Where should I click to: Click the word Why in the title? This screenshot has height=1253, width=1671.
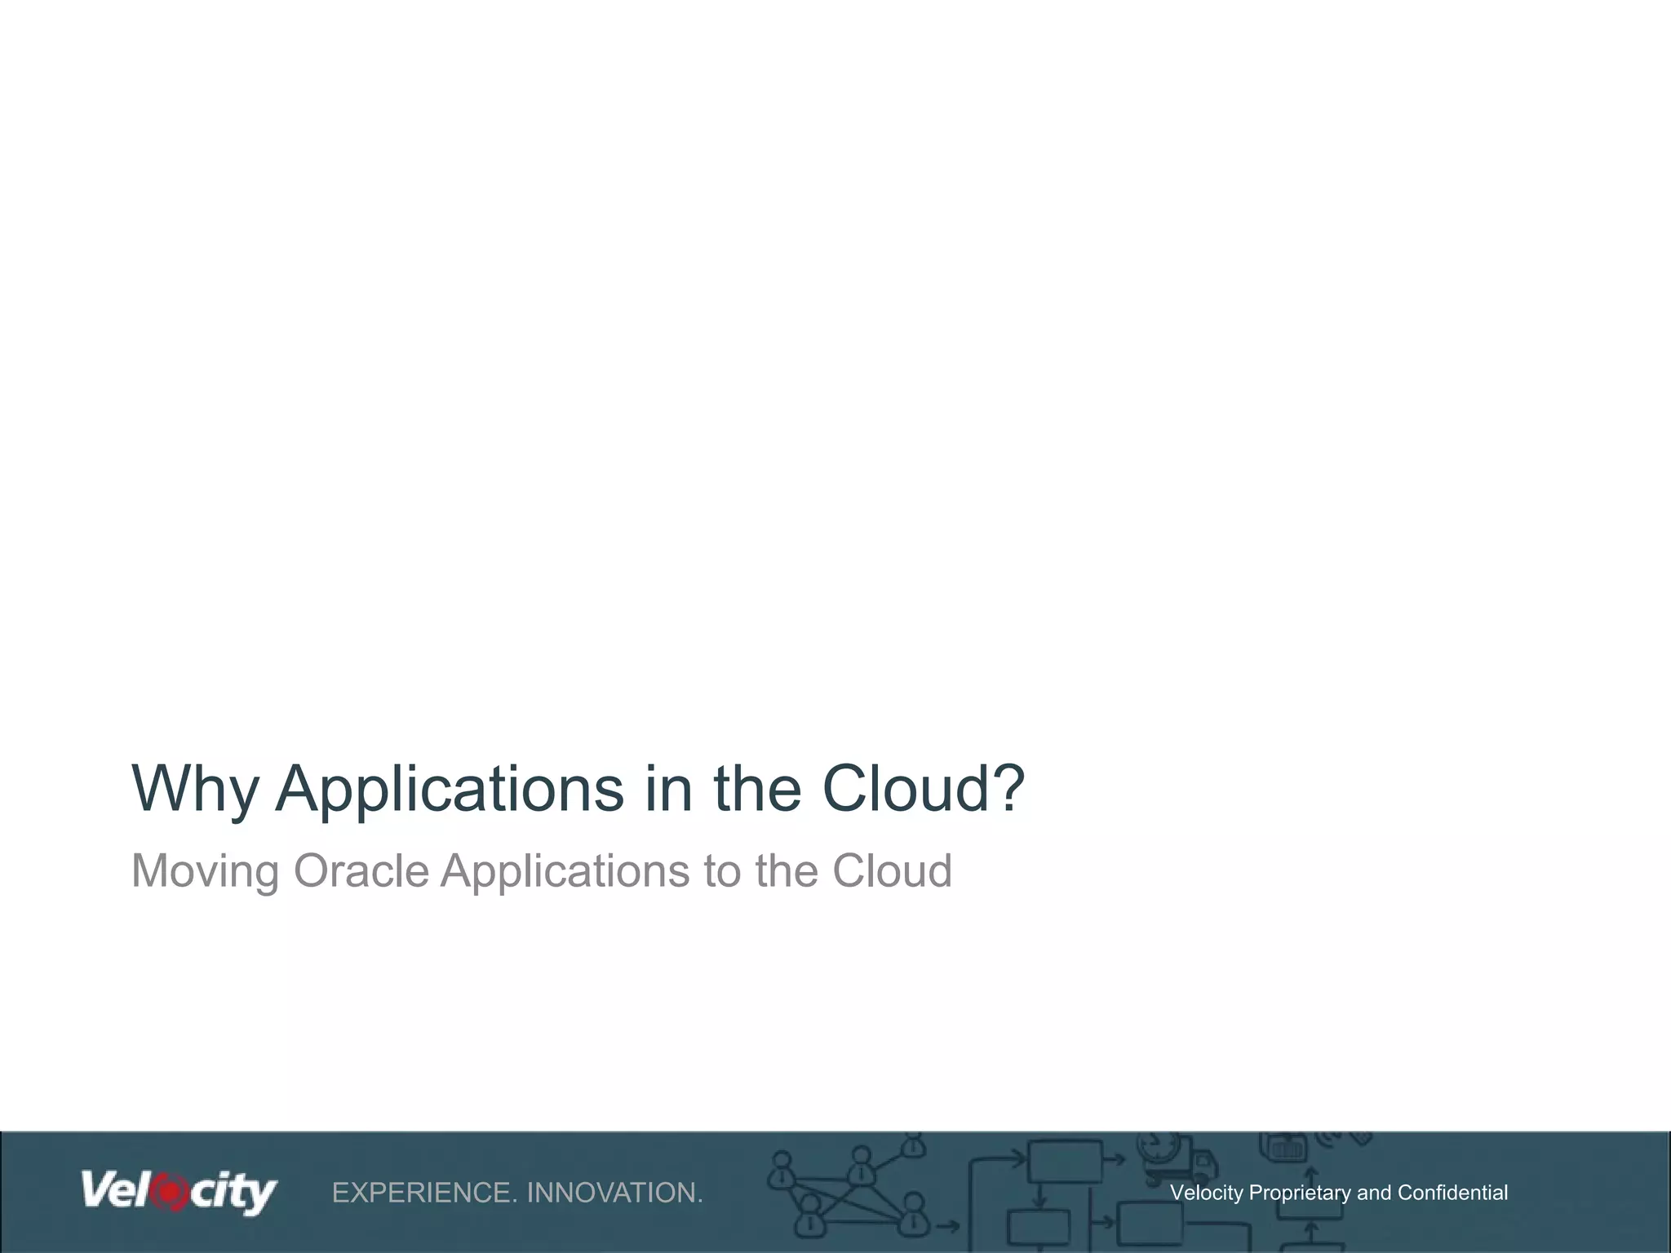pos(195,789)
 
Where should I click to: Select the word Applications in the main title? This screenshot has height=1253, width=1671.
pos(450,789)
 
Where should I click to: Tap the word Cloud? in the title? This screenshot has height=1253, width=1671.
pos(923,789)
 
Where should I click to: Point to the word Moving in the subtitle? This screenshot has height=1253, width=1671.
pos(206,871)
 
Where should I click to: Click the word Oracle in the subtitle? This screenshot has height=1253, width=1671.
pos(361,871)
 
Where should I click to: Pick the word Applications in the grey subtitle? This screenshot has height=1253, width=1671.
pos(565,871)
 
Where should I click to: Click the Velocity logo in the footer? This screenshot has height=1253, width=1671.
pos(179,1192)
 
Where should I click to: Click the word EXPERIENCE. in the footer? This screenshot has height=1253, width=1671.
pos(424,1193)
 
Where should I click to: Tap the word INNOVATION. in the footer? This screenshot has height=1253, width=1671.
pos(614,1193)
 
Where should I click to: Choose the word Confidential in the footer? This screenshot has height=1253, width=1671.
pos(1452,1193)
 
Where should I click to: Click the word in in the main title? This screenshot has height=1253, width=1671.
pos(668,789)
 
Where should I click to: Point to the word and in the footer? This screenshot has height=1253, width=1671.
pos(1375,1193)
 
